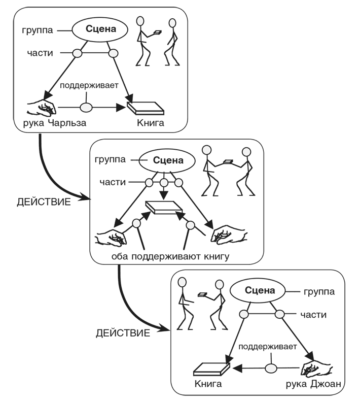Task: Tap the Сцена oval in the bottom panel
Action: point(260,291)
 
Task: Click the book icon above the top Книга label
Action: point(146,108)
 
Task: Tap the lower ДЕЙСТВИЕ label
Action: point(123,333)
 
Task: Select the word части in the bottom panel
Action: point(313,315)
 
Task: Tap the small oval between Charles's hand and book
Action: point(87,108)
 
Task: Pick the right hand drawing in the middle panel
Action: point(228,234)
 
